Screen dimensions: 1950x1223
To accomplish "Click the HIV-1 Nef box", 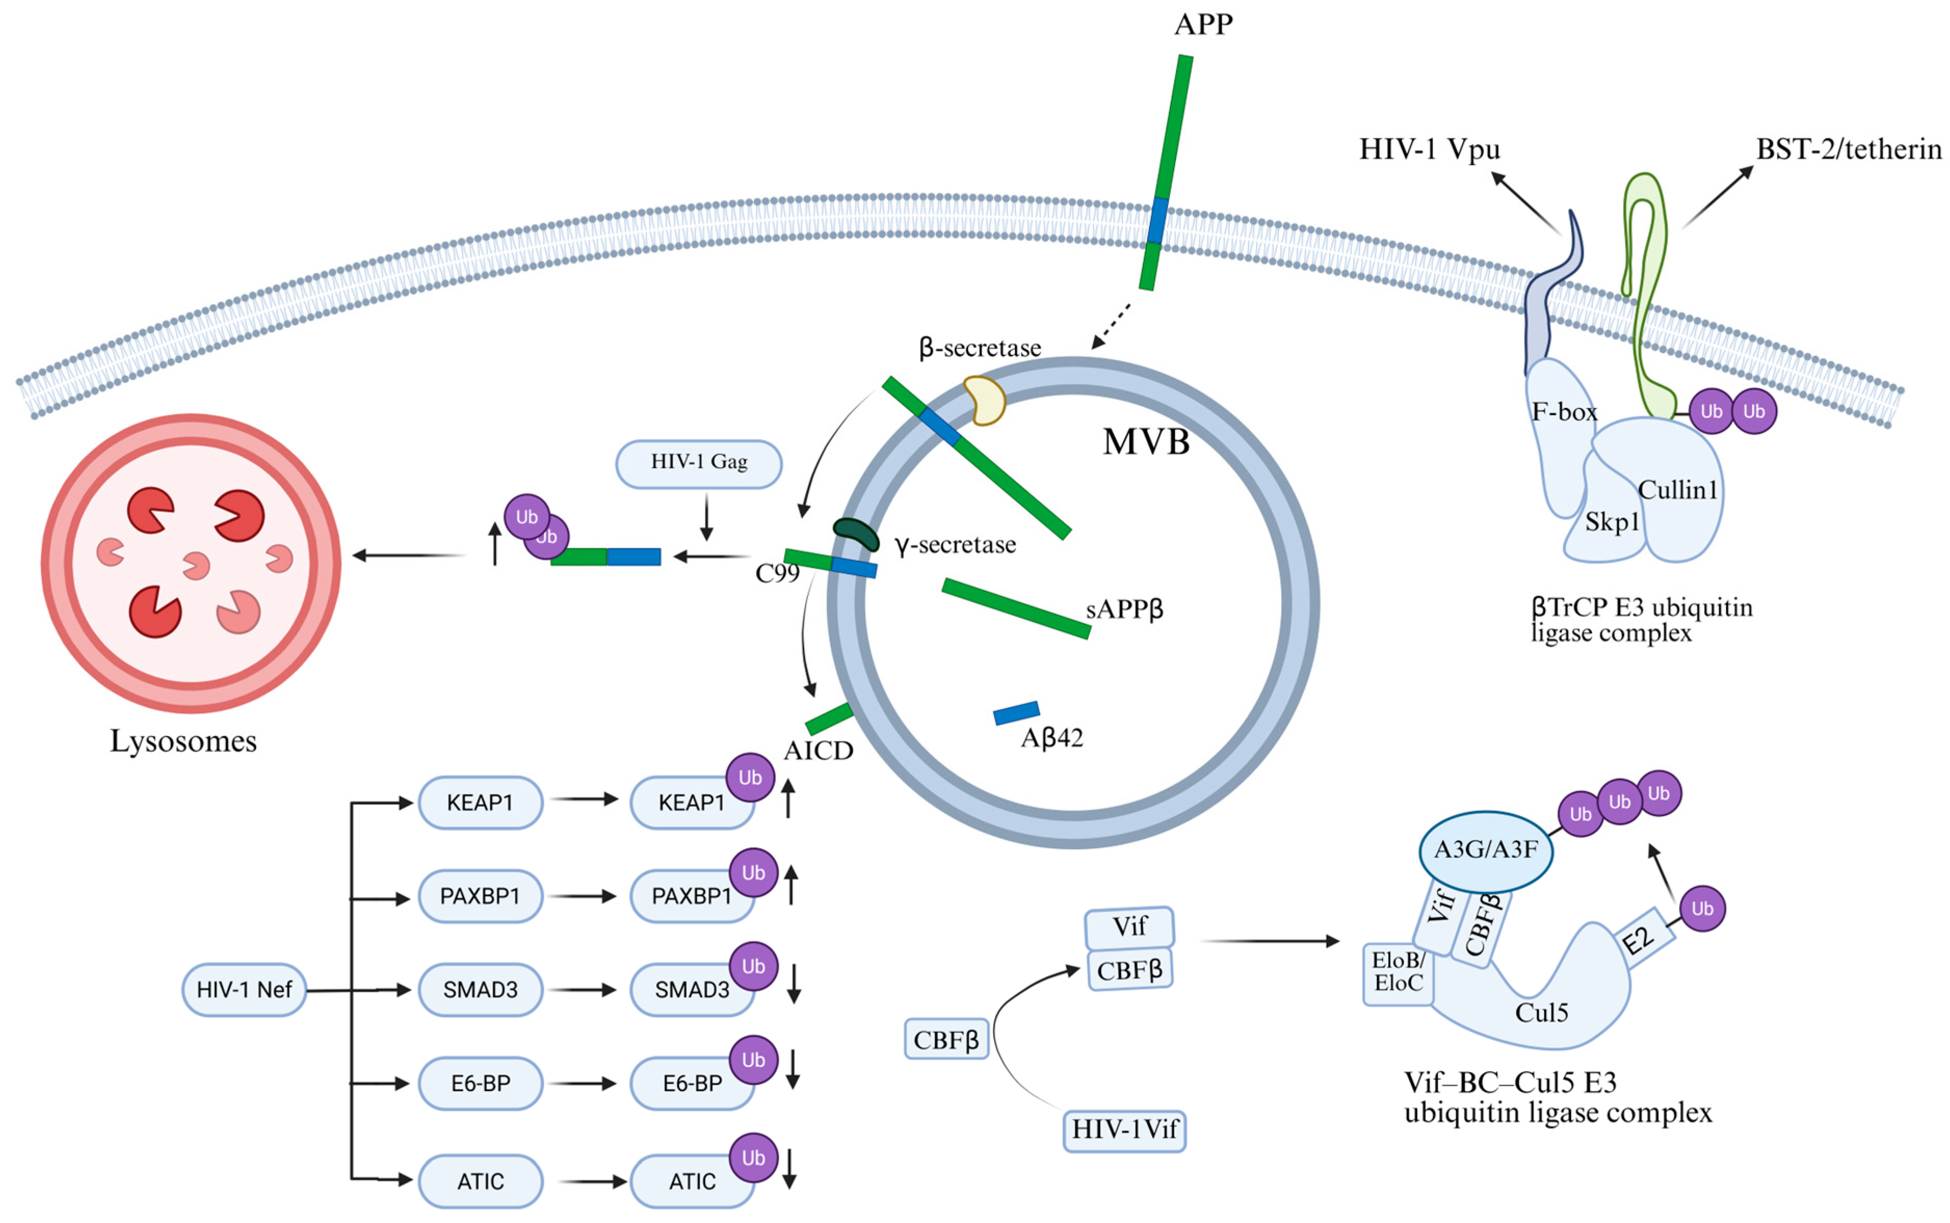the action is pos(243,989).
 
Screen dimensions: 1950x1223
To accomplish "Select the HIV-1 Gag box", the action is pos(699,464).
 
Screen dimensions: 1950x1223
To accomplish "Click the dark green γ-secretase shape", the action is pos(857,534).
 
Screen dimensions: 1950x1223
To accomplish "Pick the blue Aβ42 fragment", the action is pos(1016,713).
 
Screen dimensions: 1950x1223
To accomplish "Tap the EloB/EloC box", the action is pos(1398,974).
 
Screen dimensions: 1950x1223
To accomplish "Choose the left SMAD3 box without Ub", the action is pos(480,989).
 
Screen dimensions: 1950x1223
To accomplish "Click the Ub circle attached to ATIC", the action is pos(753,1158).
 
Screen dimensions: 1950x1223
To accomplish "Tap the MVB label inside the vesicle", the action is pos(1146,442).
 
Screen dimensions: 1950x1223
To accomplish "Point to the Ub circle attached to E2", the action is pos(1702,909).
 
